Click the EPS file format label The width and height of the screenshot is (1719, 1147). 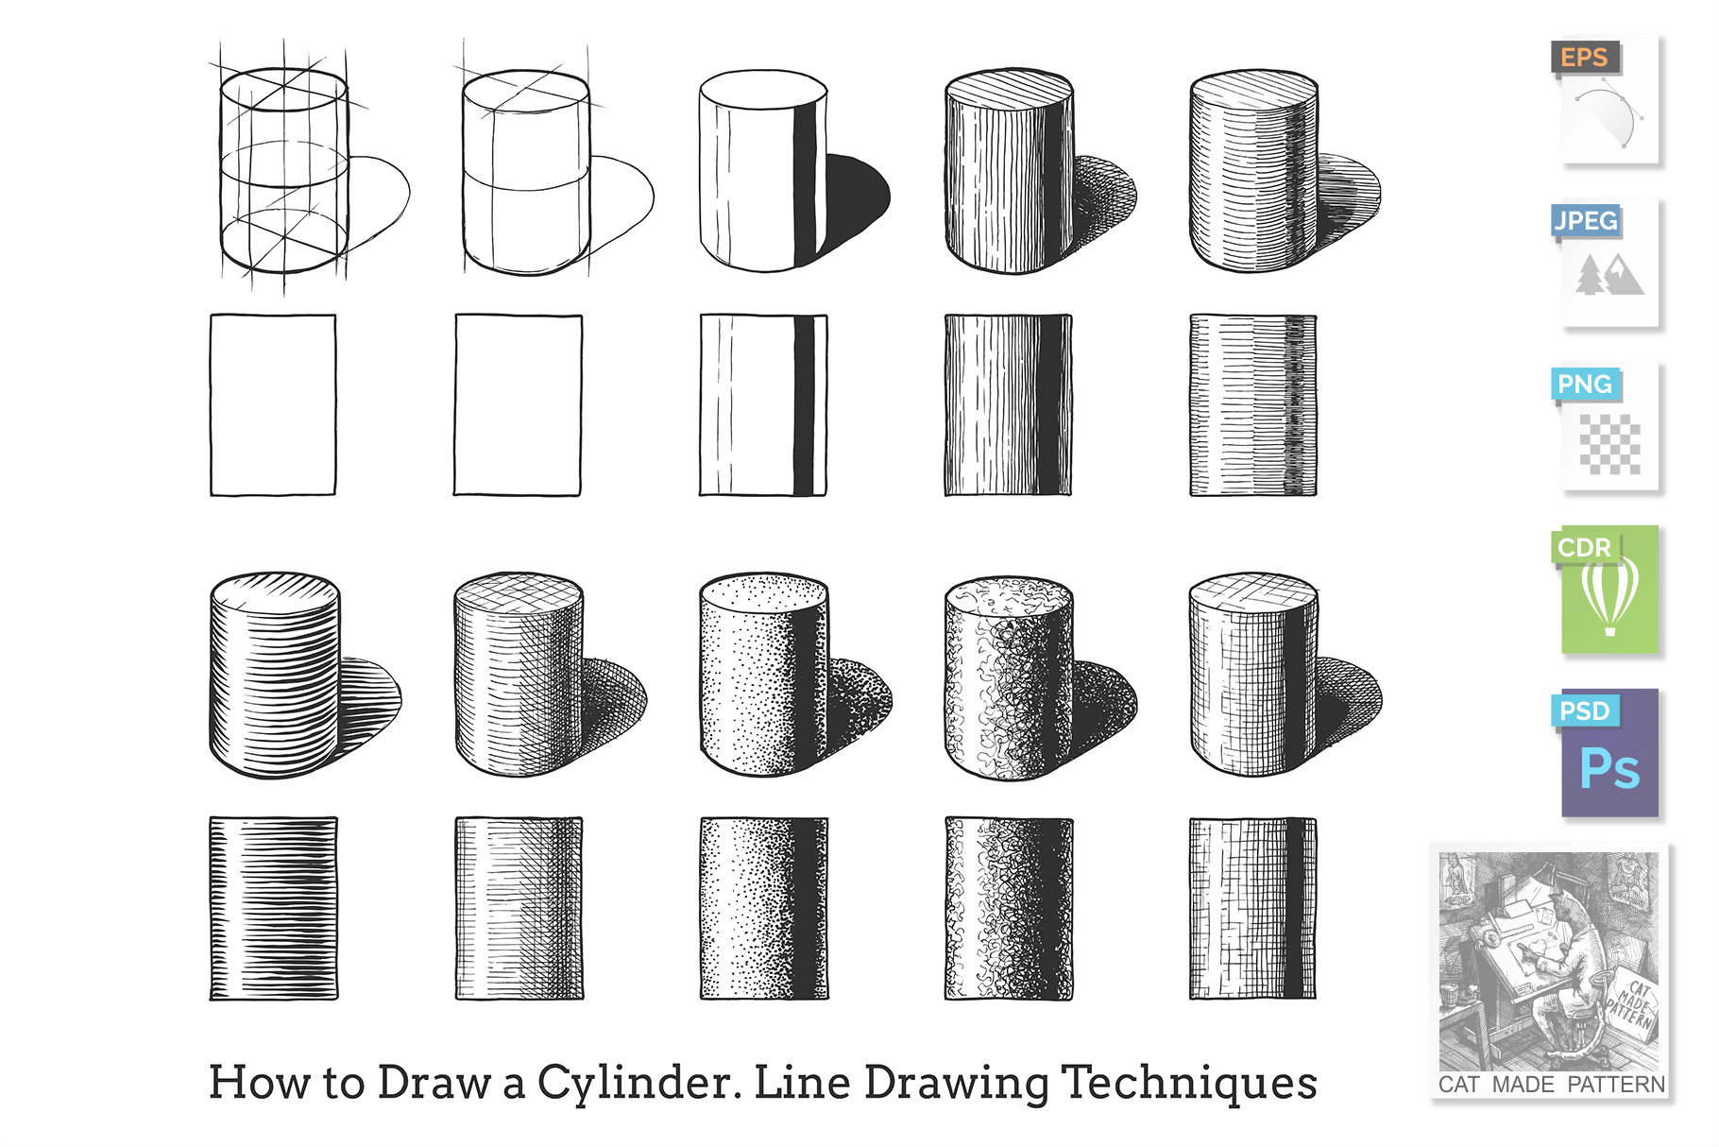tap(1584, 58)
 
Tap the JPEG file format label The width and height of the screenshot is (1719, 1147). tap(1586, 221)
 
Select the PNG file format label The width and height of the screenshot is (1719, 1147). tap(1585, 385)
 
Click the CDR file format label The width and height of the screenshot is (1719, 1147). tap(1584, 548)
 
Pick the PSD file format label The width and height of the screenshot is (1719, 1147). tap(1584, 710)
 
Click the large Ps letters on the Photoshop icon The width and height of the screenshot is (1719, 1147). tap(1609, 768)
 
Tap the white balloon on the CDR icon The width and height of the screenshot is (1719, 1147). tap(1609, 595)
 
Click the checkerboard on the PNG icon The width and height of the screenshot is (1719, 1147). tap(1609, 444)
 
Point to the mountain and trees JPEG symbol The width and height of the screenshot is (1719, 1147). tap(1609, 275)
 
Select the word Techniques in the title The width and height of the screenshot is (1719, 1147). tap(1189, 1084)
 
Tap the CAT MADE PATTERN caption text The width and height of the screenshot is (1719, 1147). tap(1551, 1085)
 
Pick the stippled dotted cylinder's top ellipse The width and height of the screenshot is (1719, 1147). tap(763, 592)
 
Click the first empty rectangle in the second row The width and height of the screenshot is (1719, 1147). tap(273, 404)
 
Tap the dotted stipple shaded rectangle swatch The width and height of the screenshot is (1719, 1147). tap(763, 908)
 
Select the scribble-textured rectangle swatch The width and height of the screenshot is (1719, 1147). tap(1008, 908)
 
